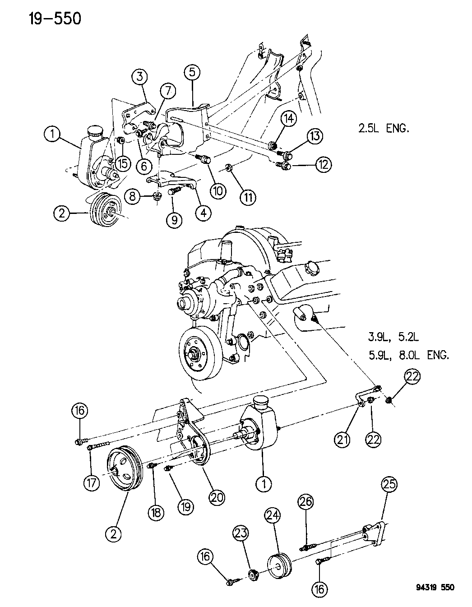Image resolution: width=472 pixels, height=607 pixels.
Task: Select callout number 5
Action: (x=193, y=72)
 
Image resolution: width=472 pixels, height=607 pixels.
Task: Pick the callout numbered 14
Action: (x=289, y=119)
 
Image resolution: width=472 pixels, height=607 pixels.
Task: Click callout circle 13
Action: (x=315, y=136)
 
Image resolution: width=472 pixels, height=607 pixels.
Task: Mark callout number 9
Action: (x=175, y=219)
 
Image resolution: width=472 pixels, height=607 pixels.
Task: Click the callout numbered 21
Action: (x=342, y=439)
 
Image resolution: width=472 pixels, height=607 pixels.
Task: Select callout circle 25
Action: (x=389, y=485)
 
